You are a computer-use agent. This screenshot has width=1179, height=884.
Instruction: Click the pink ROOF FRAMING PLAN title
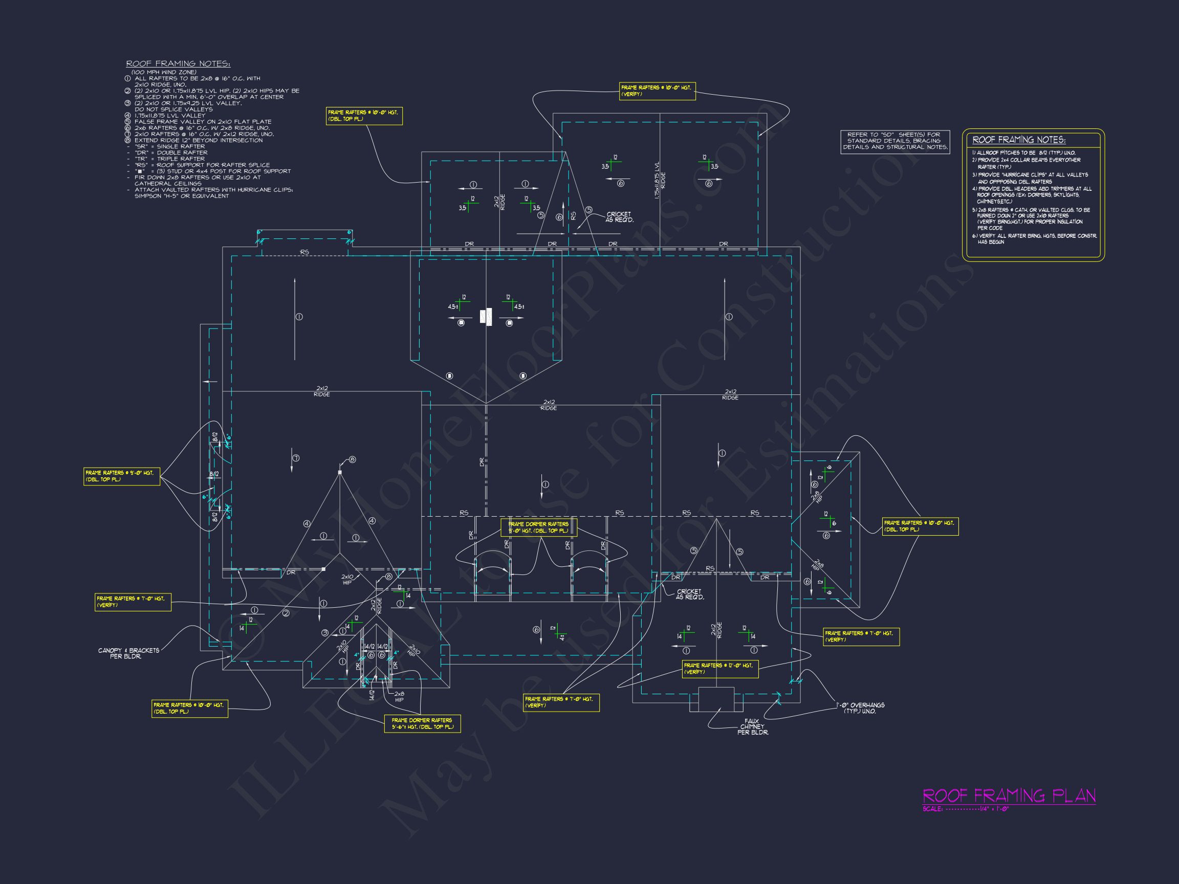[1009, 795]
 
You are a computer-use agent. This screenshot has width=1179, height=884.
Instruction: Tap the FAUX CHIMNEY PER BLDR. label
[752, 727]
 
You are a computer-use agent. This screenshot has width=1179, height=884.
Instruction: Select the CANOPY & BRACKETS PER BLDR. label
[128, 653]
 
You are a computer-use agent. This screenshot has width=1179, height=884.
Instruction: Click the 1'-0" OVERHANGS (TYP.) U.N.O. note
[860, 708]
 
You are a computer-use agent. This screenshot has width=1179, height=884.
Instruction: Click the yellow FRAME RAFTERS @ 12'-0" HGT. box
[719, 669]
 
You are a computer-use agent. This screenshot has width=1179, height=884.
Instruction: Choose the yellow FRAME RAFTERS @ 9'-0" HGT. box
[121, 476]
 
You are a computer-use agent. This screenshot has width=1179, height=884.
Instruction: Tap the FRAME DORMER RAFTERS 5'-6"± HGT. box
[422, 723]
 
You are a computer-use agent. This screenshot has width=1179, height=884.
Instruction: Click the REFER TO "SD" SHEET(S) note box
[895, 141]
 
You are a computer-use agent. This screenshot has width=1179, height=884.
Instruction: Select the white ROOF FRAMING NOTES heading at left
[178, 64]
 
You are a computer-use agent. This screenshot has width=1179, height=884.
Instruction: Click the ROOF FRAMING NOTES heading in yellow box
[1018, 140]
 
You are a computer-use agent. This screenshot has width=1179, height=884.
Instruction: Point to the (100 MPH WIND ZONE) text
[164, 72]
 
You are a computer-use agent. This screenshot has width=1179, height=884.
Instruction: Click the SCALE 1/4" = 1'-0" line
[966, 809]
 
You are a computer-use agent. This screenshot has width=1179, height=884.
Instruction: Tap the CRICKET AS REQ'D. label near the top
[619, 217]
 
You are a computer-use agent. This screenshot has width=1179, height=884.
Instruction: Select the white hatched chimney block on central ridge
[486, 318]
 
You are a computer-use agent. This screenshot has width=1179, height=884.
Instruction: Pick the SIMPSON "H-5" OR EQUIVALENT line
[181, 196]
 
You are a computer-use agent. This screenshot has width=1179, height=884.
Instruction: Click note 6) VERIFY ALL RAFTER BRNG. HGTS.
[1034, 239]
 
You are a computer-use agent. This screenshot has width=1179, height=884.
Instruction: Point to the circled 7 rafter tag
[296, 458]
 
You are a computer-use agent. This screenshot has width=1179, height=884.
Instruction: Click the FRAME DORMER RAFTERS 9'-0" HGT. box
[538, 527]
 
